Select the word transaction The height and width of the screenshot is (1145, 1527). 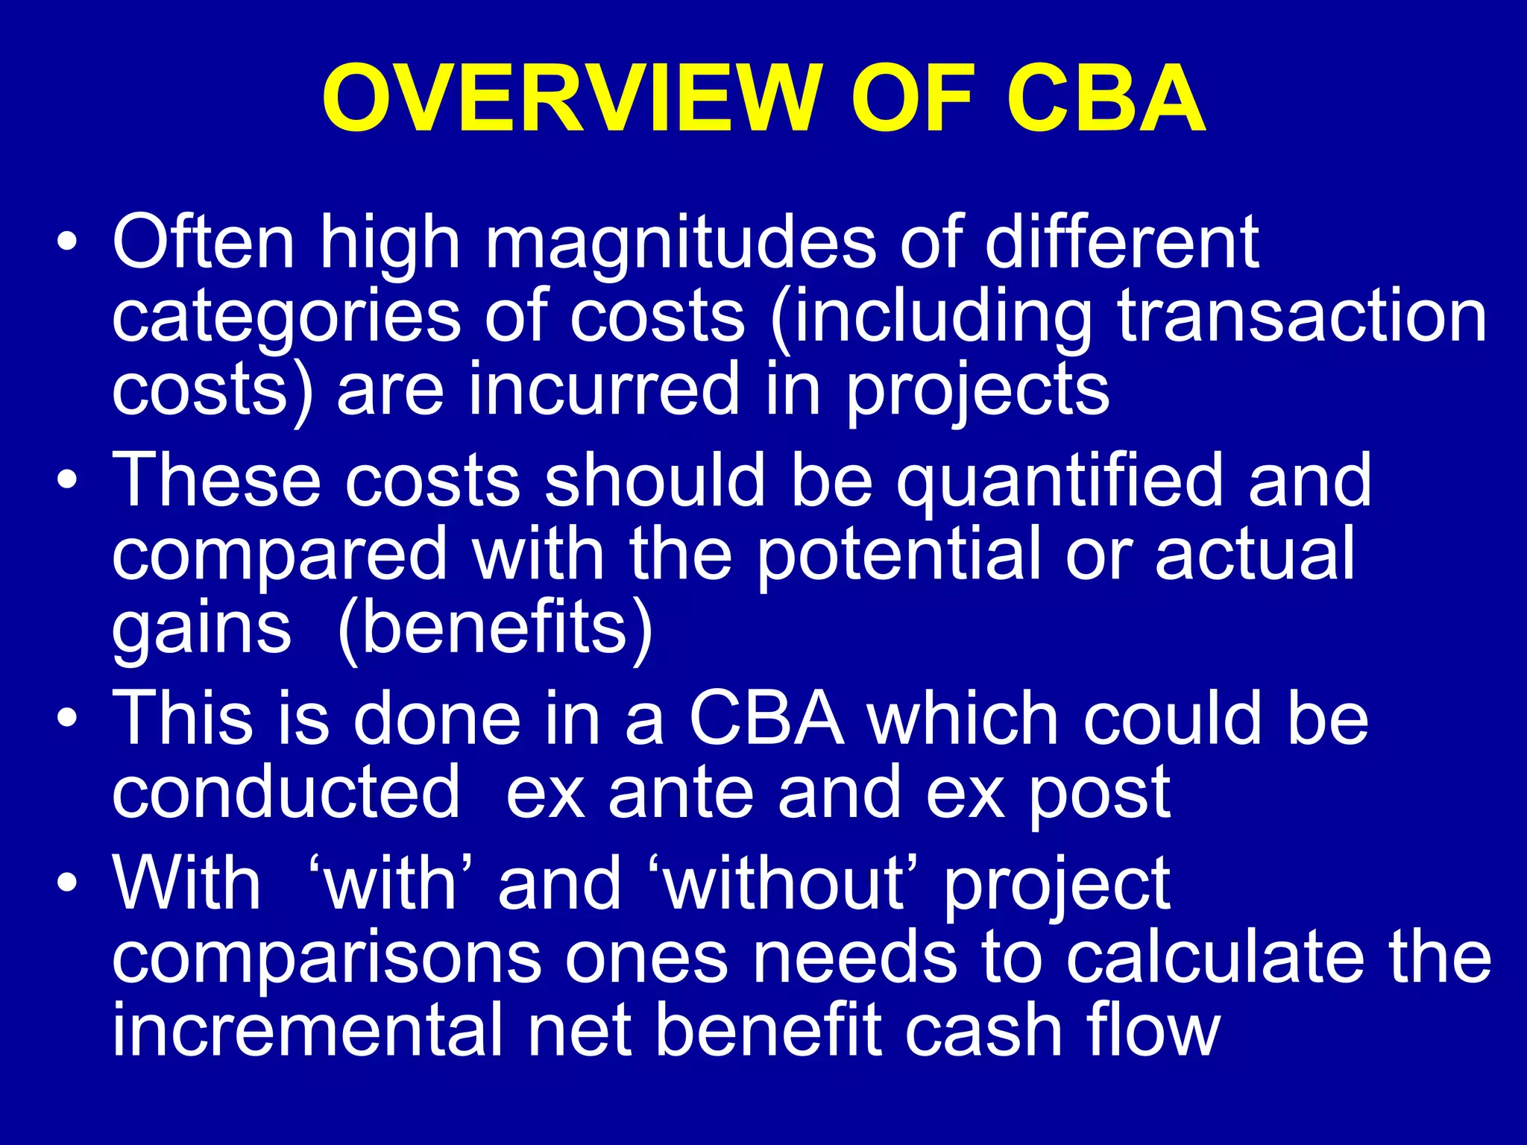click(1302, 316)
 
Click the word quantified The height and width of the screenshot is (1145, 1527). click(1060, 481)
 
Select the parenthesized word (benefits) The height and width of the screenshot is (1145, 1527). click(495, 628)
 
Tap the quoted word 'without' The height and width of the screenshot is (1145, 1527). click(784, 883)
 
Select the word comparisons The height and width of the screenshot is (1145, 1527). click(327, 959)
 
